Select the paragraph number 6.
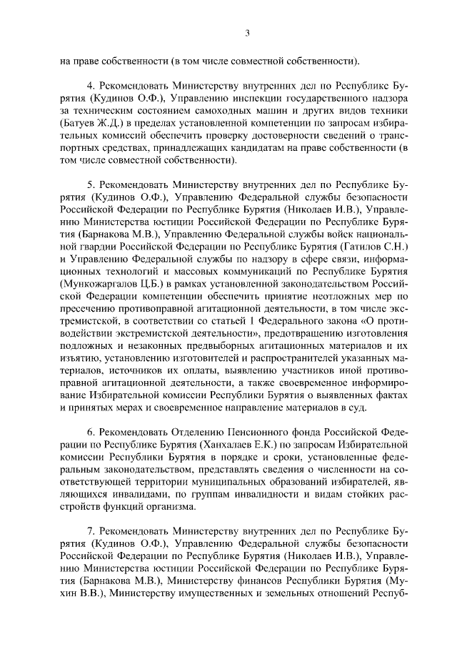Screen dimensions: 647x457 point(90,434)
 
